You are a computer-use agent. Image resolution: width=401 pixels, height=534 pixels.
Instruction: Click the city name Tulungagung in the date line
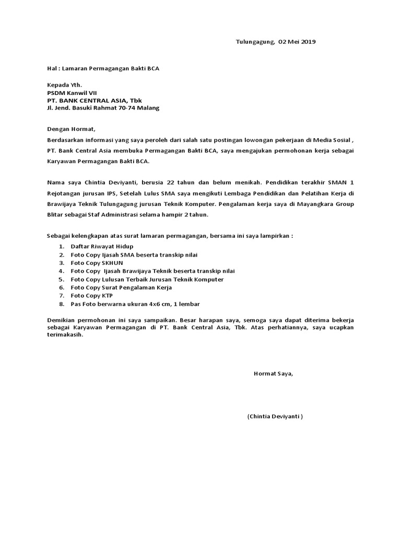(254, 41)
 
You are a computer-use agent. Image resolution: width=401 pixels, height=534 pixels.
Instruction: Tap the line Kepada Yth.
(65, 84)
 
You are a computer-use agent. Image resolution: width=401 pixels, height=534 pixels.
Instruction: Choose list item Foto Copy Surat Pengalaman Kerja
(121, 287)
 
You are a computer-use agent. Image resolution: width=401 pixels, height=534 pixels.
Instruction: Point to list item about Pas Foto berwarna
(135, 304)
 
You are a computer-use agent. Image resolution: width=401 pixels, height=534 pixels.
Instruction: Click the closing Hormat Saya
(273, 373)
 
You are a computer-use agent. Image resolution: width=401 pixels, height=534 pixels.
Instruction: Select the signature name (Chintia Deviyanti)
(275, 417)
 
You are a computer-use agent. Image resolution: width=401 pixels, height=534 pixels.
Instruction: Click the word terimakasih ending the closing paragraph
(65, 335)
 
